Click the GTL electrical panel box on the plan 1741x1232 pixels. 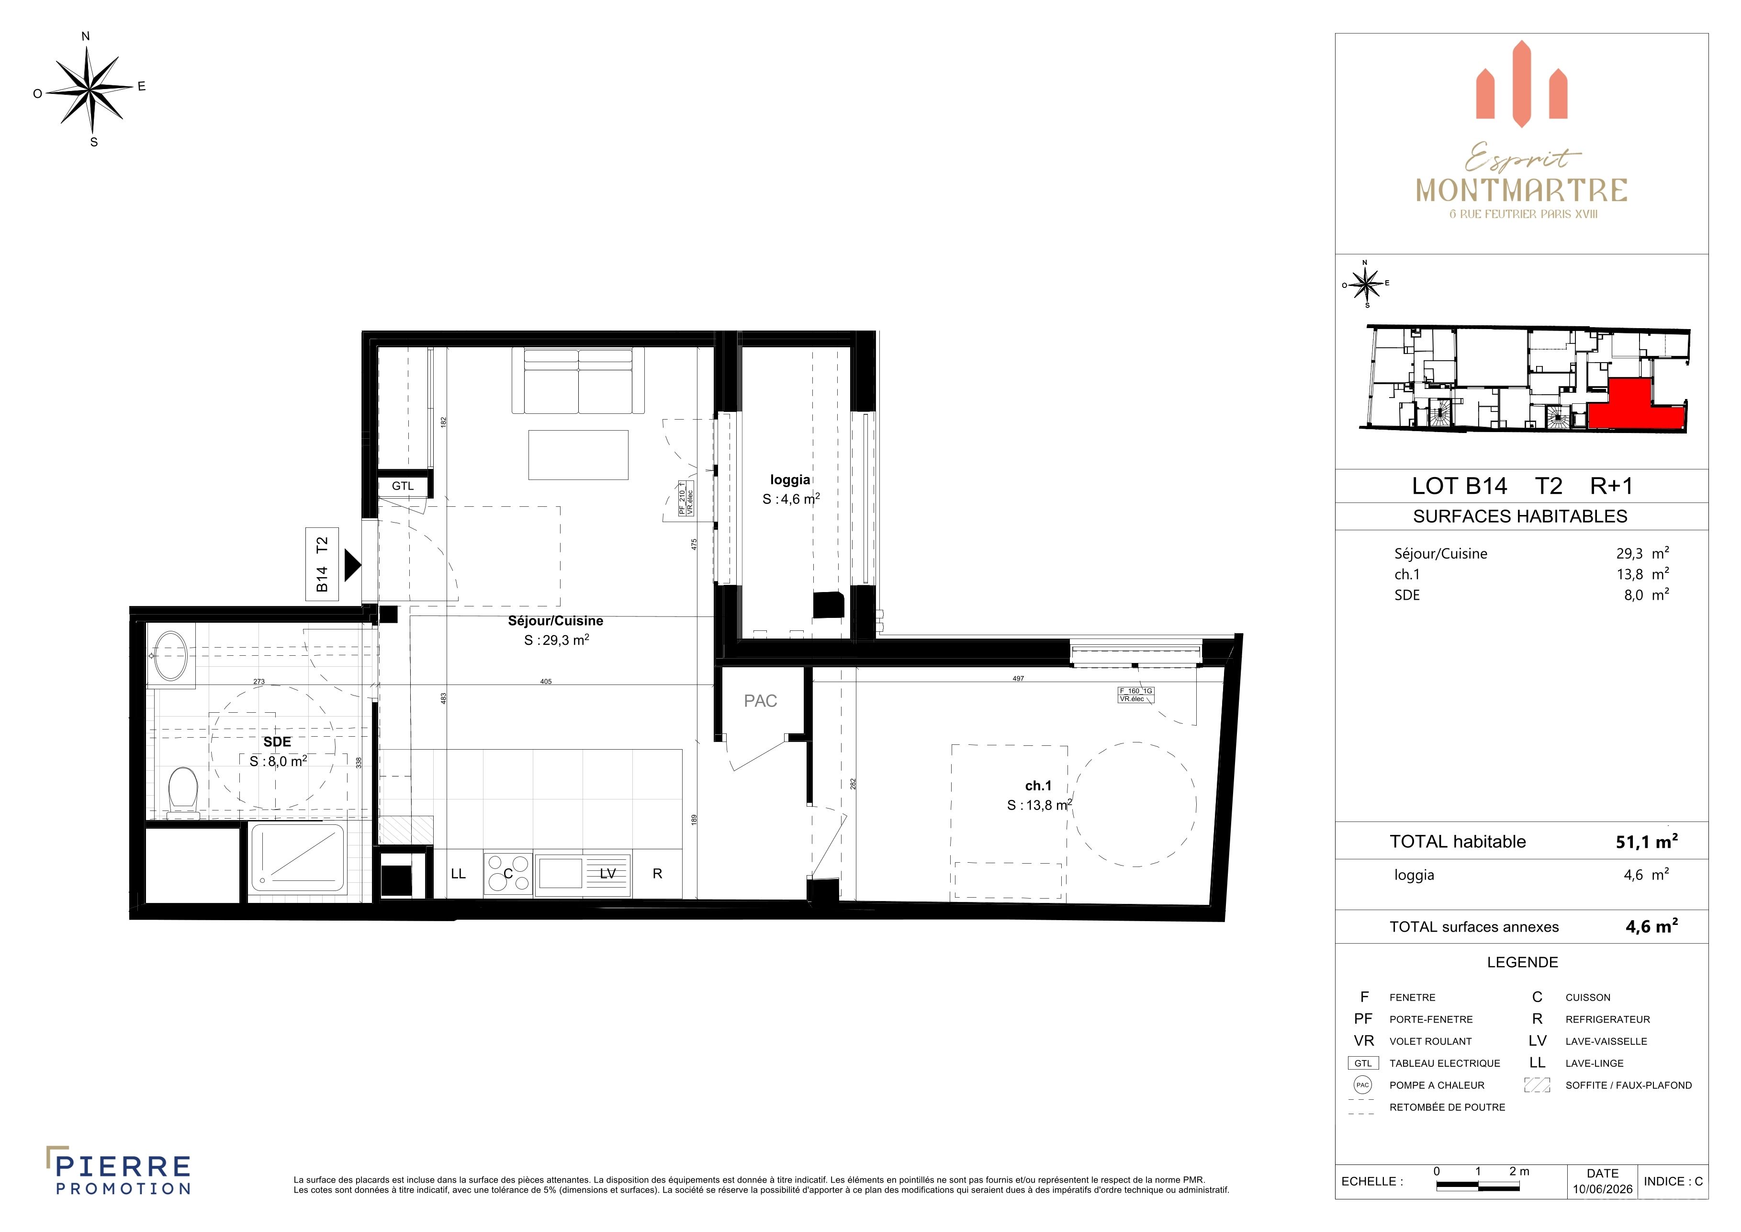click(403, 486)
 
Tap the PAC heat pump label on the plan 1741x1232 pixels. click(761, 701)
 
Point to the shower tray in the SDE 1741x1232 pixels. click(297, 858)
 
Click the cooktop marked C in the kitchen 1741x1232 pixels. click(508, 873)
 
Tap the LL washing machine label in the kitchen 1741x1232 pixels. click(458, 874)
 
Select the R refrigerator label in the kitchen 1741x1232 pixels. click(657, 874)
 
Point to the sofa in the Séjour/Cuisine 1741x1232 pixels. click(579, 381)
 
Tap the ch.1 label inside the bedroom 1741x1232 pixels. click(1038, 786)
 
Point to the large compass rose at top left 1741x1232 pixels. click(91, 90)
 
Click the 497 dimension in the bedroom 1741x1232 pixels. click(1018, 679)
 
